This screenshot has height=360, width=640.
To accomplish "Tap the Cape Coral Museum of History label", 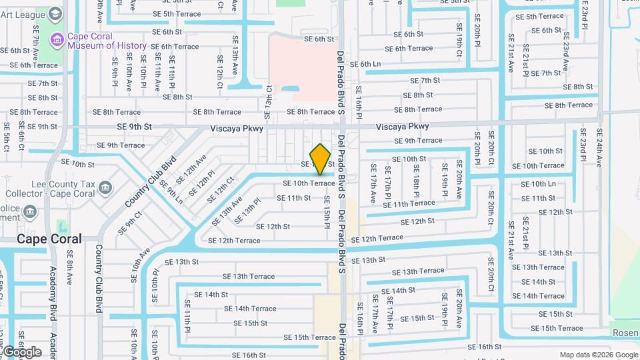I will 107,41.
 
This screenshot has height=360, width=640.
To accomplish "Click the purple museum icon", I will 57,41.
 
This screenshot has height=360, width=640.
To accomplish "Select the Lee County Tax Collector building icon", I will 105,188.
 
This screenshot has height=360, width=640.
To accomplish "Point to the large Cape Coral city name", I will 49,239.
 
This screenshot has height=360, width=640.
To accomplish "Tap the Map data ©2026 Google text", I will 599,355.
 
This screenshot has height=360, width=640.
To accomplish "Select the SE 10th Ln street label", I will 538,184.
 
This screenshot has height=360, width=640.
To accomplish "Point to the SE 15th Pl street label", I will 327,212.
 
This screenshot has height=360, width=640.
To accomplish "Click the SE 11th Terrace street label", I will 409,204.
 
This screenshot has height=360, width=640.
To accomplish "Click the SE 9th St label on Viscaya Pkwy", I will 135,126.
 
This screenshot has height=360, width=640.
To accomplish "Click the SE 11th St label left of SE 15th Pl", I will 294,198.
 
